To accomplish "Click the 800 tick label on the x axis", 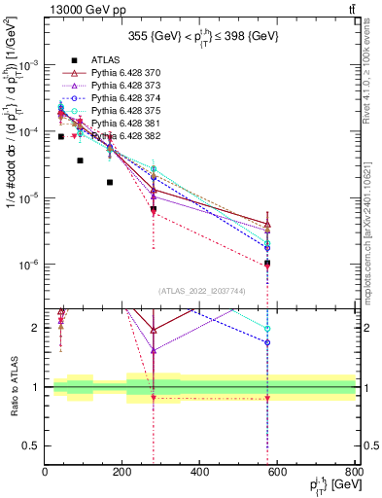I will click(x=354, y=472).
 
